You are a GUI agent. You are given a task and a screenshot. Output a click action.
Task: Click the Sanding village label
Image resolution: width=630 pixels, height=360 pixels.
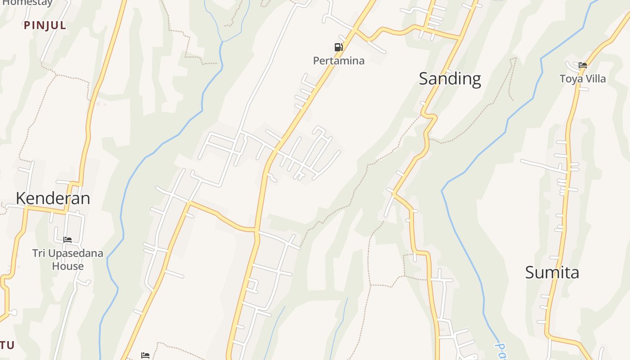(x=450, y=79)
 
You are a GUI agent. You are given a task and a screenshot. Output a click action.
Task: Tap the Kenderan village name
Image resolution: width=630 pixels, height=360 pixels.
(x=53, y=198)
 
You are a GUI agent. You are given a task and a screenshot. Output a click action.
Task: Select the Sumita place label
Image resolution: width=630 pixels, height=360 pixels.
(x=552, y=273)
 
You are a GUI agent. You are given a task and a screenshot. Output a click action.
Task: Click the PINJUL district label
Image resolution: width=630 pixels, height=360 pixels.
(x=45, y=26)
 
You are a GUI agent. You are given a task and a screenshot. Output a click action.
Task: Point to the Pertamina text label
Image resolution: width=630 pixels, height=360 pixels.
(x=338, y=61)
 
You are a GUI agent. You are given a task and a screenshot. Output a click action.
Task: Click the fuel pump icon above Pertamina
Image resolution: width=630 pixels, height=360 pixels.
(x=338, y=47)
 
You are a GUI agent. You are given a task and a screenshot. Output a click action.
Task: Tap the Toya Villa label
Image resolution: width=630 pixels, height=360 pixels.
(x=582, y=79)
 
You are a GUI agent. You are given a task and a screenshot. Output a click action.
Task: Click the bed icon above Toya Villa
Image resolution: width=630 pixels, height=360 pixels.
(x=583, y=65)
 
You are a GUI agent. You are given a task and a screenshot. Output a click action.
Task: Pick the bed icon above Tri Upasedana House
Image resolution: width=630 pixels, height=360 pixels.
(x=67, y=240)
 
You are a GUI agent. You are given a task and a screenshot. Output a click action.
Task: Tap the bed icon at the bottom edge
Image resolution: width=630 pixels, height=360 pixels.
(x=145, y=355)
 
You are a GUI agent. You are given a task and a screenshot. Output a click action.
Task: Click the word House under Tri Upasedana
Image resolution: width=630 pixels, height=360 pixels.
(x=67, y=266)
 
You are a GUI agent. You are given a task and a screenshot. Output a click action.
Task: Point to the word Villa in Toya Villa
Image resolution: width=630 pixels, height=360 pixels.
(x=595, y=79)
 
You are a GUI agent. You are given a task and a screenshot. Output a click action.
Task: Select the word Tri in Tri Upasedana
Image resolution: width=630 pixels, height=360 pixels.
(x=39, y=253)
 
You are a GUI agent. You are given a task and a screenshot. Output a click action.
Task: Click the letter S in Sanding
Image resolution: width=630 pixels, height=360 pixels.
(x=423, y=79)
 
